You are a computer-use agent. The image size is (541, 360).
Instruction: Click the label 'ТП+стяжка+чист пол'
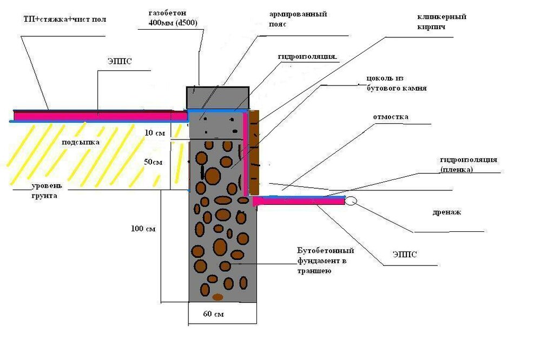(x=65, y=19)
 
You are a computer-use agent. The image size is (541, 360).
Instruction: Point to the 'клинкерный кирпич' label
(x=441, y=22)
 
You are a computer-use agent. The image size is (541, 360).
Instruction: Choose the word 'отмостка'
(x=390, y=117)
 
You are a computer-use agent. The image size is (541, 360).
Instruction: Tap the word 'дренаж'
(x=447, y=212)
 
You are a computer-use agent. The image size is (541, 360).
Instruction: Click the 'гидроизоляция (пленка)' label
(x=468, y=164)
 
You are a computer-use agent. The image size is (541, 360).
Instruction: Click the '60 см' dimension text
(x=214, y=314)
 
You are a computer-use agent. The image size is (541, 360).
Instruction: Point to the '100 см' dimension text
(x=143, y=229)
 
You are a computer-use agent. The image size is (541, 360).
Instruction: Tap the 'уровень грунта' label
(x=47, y=191)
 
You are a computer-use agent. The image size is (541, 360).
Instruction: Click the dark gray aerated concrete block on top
(x=218, y=97)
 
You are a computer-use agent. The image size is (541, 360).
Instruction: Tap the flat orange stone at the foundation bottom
(x=217, y=297)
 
